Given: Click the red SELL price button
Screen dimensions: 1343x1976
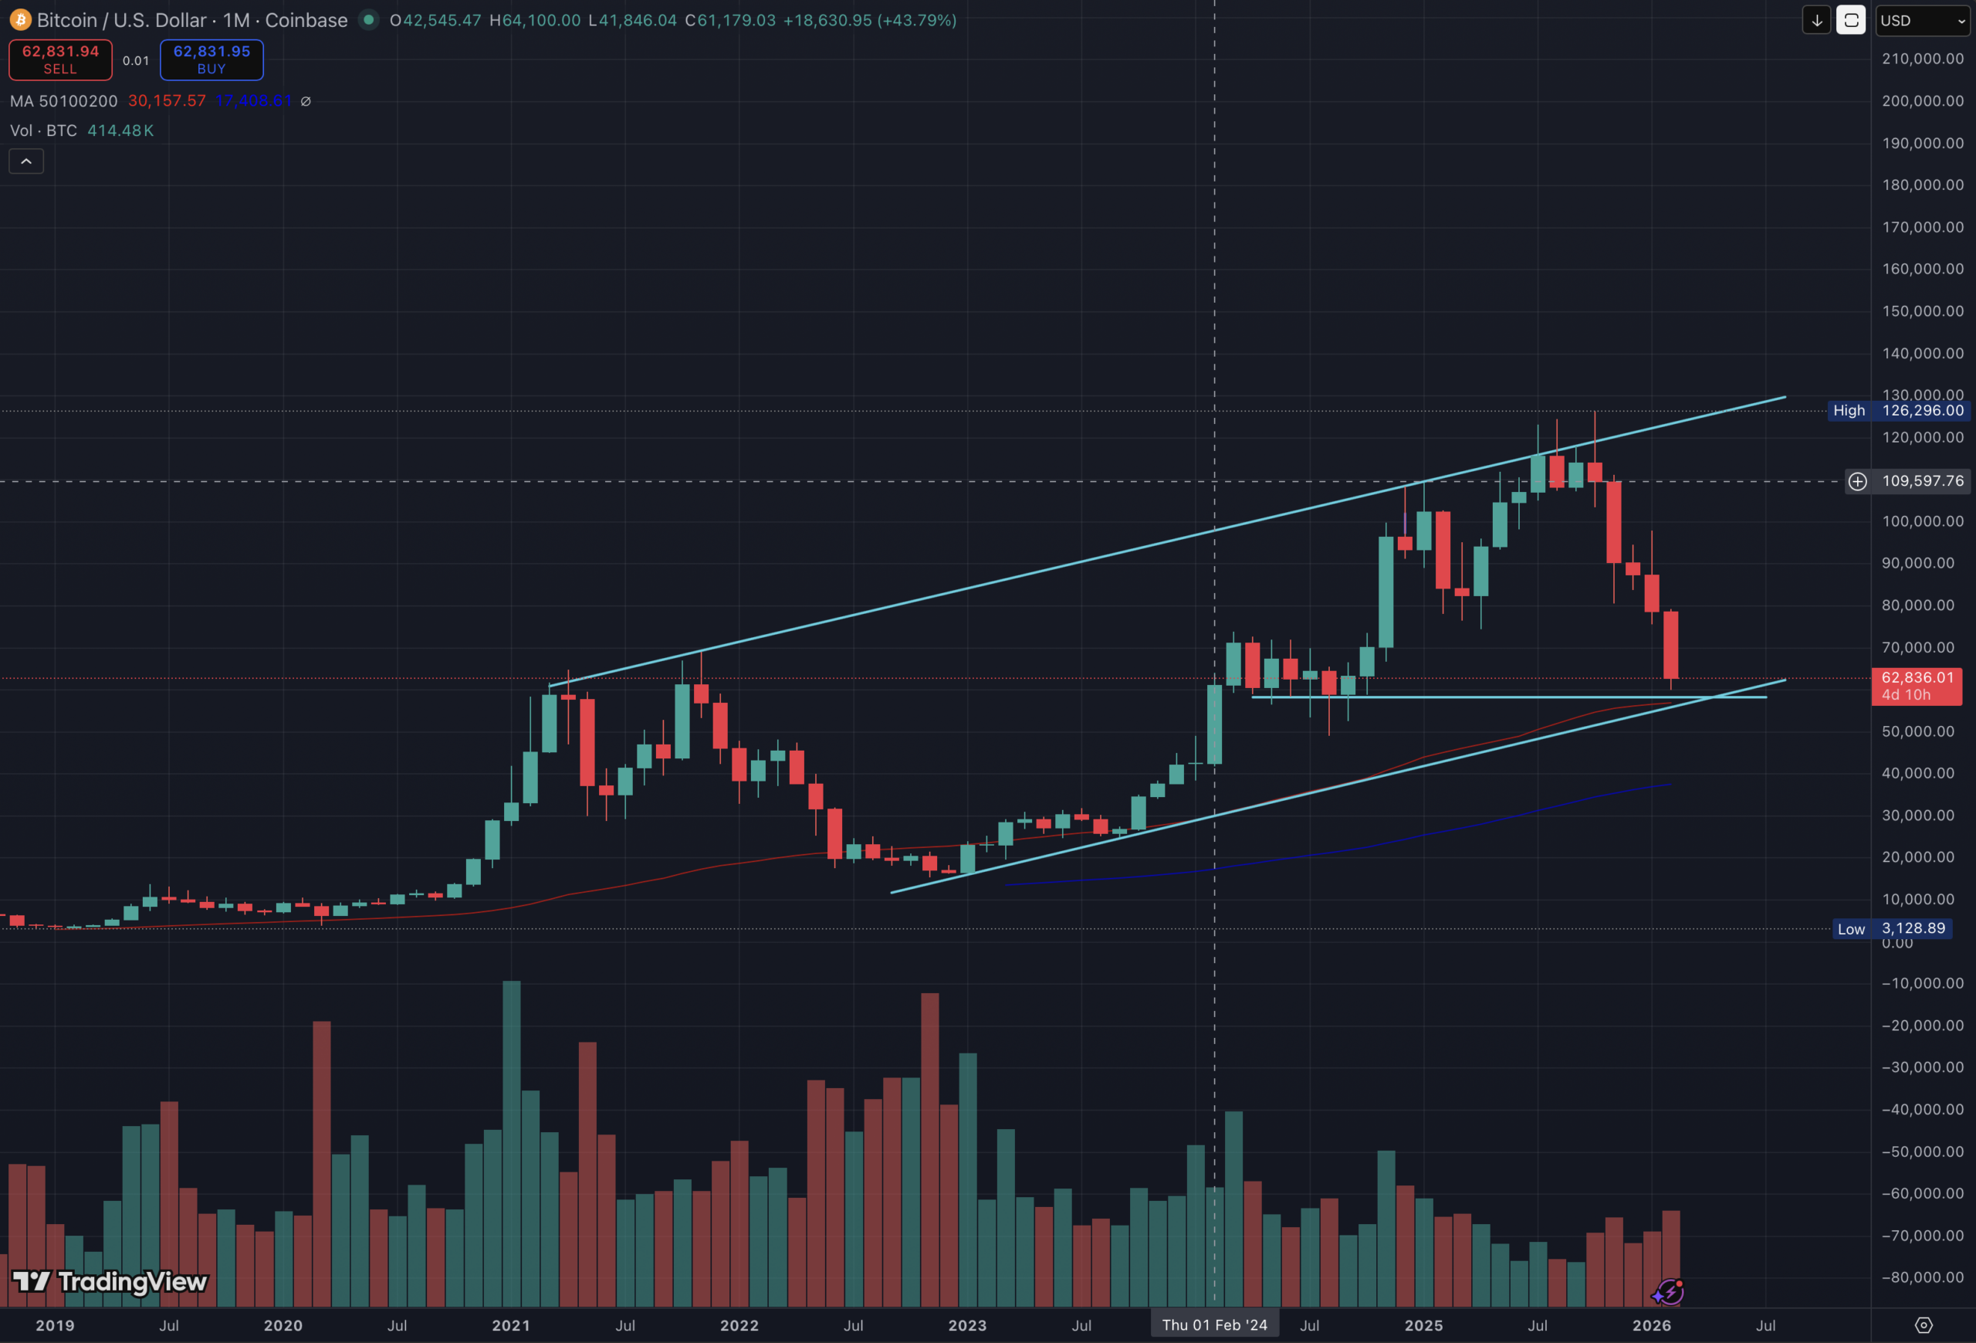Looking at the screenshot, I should tap(60, 59).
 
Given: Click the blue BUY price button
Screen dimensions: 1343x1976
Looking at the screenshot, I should tap(211, 59).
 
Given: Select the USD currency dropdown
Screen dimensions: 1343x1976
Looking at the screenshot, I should tap(1922, 20).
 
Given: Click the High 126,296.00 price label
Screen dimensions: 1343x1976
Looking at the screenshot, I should tap(1896, 411).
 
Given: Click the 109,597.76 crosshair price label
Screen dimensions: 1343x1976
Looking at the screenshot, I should tap(1922, 481).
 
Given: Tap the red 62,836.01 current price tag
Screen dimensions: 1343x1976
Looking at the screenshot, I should tap(1917, 686).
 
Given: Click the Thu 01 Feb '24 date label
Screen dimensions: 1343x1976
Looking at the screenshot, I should tap(1214, 1325).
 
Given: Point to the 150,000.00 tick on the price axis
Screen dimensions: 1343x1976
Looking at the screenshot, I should tap(1923, 311).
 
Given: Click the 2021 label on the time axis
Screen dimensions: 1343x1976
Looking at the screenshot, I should tap(511, 1325).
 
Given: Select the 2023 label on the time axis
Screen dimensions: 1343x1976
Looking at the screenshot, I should tap(968, 1325).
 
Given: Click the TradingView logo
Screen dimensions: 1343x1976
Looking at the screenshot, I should tap(110, 1281).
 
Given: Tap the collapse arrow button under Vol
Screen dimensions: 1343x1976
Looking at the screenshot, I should tap(26, 161).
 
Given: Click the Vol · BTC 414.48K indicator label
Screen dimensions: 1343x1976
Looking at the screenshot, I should tap(82, 131).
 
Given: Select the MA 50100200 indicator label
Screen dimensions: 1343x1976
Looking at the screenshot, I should tap(64, 101).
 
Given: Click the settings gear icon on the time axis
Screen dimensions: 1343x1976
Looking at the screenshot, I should tap(1924, 1325).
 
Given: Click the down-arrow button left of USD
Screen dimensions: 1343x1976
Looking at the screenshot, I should tap(1816, 20).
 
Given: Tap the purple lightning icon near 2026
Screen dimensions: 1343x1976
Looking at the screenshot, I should tap(1668, 1292).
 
